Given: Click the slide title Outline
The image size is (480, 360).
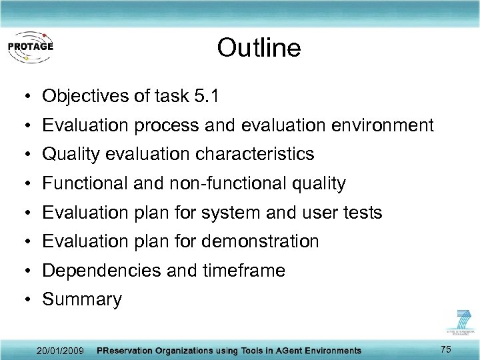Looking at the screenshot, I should pyautogui.click(x=259, y=47).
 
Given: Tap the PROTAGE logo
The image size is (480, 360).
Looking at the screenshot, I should pyautogui.click(x=31, y=47).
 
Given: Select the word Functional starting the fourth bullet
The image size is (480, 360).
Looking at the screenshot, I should pyautogui.click(x=85, y=183).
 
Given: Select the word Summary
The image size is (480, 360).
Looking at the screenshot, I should pyautogui.click(x=82, y=300).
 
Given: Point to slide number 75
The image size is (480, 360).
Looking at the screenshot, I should pyautogui.click(x=446, y=349).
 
